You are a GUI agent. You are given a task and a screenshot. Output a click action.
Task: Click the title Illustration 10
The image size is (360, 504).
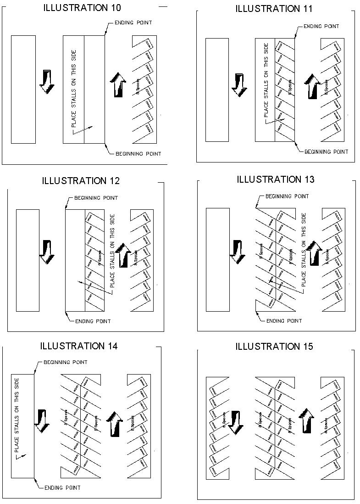click(x=82, y=8)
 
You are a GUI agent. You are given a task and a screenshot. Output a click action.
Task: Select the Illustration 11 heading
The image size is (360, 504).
click(x=274, y=9)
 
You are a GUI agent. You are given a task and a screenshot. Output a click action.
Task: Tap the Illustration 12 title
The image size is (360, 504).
click(x=81, y=180)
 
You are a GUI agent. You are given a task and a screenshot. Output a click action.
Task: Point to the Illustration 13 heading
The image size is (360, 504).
click(x=276, y=179)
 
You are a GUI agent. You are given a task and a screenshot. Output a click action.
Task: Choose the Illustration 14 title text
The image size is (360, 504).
click(x=78, y=346)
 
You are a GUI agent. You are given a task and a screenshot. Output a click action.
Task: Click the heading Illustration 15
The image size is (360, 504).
click(x=274, y=347)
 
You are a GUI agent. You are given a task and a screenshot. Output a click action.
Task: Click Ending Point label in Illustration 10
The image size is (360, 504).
click(x=133, y=22)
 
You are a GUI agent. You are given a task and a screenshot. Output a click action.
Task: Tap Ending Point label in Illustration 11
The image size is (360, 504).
click(x=321, y=27)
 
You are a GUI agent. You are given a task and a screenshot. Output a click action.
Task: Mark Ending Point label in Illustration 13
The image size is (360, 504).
click(x=284, y=321)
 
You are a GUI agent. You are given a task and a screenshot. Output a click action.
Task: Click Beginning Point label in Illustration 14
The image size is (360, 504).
click(x=66, y=362)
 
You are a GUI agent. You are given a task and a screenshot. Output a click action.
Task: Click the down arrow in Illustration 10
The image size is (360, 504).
click(x=47, y=82)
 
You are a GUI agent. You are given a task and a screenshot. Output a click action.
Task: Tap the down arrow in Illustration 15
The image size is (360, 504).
click(x=236, y=421)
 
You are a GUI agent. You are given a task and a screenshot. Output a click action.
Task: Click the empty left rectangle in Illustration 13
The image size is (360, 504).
click(x=217, y=259)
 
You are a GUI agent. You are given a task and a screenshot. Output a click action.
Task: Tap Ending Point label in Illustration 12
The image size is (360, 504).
click(x=93, y=321)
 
